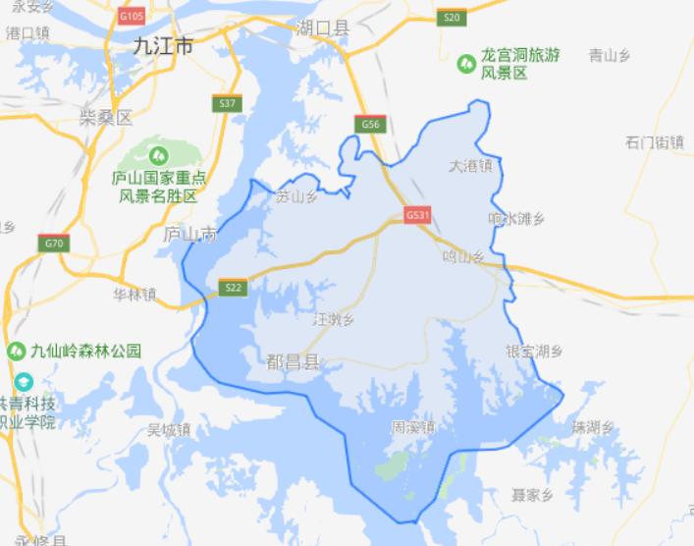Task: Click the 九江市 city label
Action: (163, 44)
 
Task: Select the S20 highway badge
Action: (451, 18)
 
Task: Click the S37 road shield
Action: (227, 102)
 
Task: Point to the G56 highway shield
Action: (369, 124)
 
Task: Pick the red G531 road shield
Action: (416, 215)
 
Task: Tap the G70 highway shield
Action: (54, 243)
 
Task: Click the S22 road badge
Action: (232, 287)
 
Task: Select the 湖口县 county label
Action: (322, 29)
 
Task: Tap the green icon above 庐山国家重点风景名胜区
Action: (158, 154)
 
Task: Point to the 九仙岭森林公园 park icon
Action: (16, 351)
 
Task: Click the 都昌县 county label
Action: (293, 361)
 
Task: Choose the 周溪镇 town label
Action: (412, 427)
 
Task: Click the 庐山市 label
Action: (188, 235)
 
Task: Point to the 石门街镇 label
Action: (654, 142)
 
